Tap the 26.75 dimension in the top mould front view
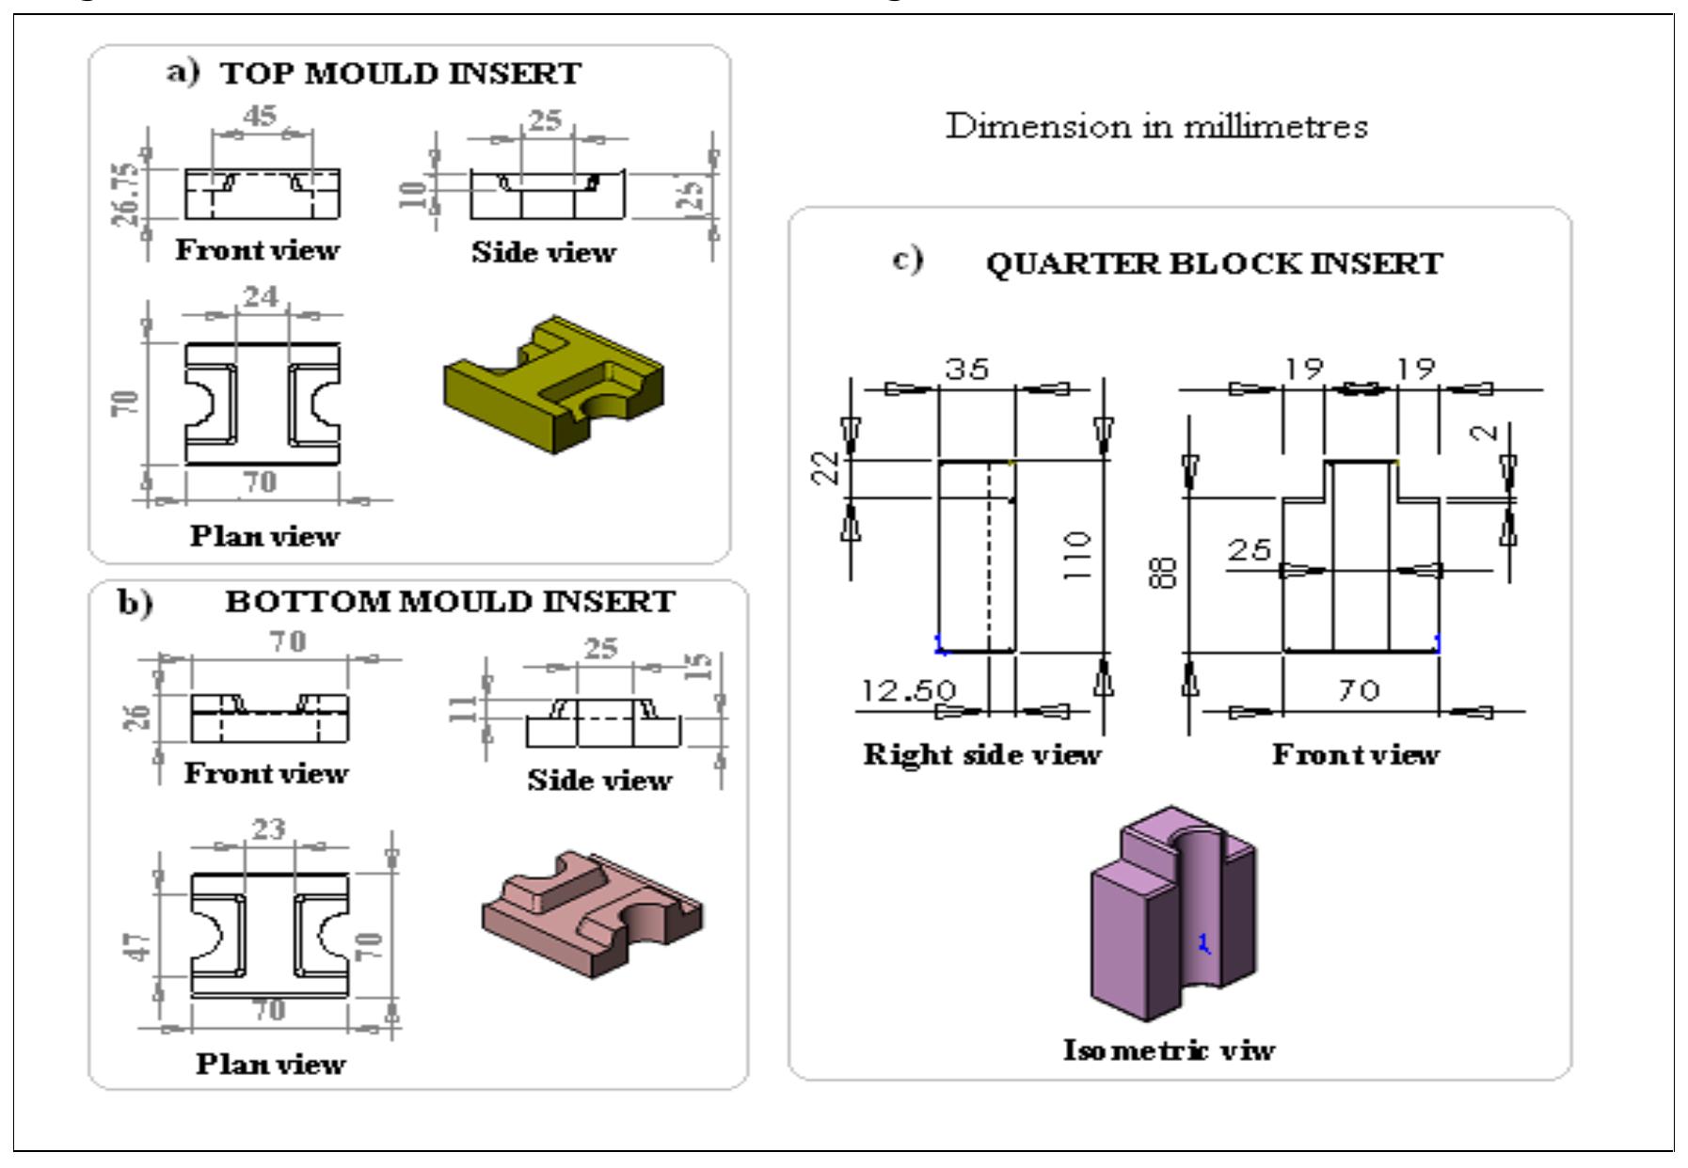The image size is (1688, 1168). click(126, 194)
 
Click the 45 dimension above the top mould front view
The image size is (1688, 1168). click(260, 116)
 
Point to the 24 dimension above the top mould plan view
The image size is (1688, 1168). click(261, 296)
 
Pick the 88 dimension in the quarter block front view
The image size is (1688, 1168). click(1164, 572)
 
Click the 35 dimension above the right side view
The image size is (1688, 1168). click(967, 368)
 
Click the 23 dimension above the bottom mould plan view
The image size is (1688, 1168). click(268, 829)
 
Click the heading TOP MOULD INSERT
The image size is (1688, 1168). click(400, 73)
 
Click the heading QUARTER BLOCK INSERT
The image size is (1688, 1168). click(1214, 263)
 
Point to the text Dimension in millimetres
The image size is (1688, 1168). click(1156, 126)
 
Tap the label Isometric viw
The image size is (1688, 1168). click(1169, 1050)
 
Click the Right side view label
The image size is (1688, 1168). click(981, 754)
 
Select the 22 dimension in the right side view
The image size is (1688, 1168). click(826, 467)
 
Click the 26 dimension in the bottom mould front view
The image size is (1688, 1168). click(137, 717)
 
